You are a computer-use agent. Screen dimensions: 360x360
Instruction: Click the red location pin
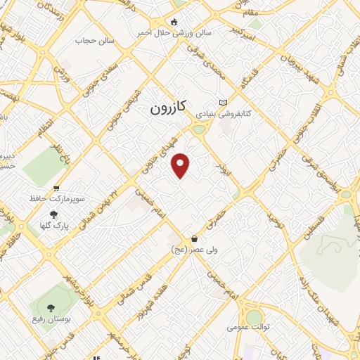181,165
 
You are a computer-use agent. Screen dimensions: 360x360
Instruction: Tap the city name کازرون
168,108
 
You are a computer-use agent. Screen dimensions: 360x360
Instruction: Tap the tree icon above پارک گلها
53,214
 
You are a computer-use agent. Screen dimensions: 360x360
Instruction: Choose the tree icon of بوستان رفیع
50,307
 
